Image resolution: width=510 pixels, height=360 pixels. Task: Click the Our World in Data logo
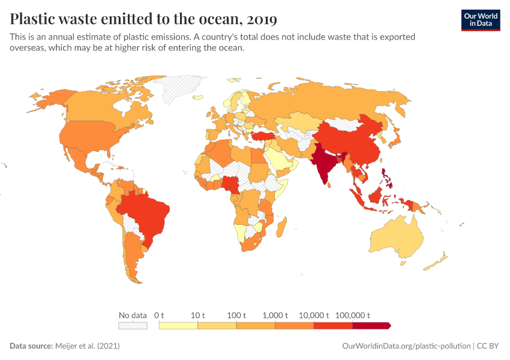pyautogui.click(x=480, y=20)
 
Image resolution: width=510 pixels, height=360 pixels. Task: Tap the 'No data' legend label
pyautogui.click(x=133, y=315)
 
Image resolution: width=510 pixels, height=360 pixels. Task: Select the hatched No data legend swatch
pyautogui.click(x=133, y=326)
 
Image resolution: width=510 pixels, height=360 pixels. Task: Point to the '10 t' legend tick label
pyautogui.click(x=197, y=315)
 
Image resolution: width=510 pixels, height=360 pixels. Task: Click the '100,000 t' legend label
pyautogui.click(x=352, y=315)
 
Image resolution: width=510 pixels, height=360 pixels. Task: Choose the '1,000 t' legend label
pyautogui.click(x=275, y=315)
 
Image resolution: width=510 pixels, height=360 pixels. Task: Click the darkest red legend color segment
pyautogui.click(x=371, y=326)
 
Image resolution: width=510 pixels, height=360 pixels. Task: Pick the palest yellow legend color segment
pyautogui.click(x=178, y=326)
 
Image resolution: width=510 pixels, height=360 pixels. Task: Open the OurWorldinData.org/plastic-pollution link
pyautogui.click(x=406, y=346)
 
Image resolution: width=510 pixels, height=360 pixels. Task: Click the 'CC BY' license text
pyautogui.click(x=488, y=346)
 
